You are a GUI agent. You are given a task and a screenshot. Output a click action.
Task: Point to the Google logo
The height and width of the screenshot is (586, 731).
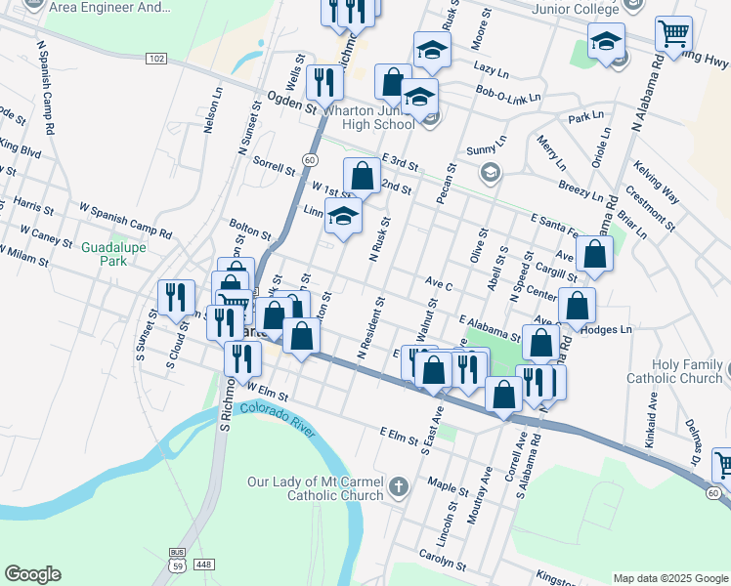(32, 574)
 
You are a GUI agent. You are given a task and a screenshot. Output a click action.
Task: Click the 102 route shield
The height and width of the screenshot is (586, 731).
(156, 60)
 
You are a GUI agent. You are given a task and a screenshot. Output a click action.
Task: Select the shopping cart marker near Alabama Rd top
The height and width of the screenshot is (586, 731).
(673, 34)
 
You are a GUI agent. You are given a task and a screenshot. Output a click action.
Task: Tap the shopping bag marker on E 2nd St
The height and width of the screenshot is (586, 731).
(362, 177)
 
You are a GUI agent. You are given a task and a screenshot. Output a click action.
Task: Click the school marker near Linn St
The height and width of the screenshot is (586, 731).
(343, 217)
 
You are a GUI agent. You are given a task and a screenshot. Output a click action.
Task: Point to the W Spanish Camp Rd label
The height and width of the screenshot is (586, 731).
(125, 221)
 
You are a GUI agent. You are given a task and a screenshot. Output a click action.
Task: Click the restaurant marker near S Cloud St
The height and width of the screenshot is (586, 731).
(176, 297)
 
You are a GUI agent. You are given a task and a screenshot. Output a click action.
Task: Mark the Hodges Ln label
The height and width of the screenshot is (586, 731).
(607, 330)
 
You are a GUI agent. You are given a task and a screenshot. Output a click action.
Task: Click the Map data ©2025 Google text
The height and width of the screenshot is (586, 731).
(670, 577)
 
